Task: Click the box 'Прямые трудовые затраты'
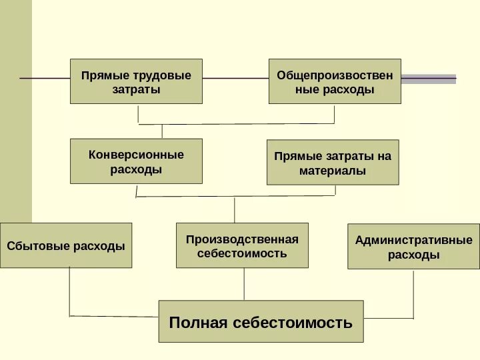click(136, 81)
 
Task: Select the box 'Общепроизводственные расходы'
click(335, 81)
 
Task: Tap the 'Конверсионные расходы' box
click(136, 161)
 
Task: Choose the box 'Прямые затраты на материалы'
click(333, 162)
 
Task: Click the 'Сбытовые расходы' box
click(66, 245)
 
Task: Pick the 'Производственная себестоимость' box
click(242, 245)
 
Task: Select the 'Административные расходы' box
click(413, 247)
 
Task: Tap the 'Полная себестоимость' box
click(261, 321)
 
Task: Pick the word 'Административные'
click(413, 239)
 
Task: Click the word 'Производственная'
click(242, 239)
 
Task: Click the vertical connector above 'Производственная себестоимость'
click(235, 209)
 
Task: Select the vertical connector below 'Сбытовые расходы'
click(71, 291)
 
